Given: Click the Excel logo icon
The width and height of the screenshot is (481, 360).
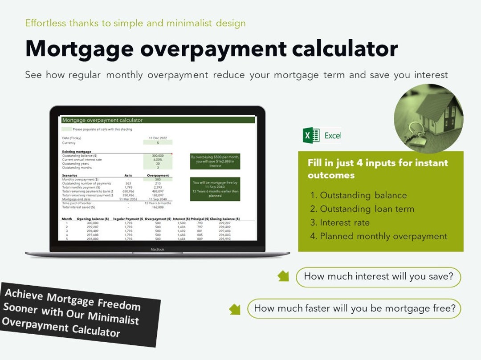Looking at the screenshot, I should coord(311,135).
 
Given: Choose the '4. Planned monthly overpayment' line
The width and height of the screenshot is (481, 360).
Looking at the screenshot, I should coord(379,236).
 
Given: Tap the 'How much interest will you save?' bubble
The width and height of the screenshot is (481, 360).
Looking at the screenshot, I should coord(378,277).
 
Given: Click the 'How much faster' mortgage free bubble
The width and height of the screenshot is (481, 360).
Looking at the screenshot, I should coord(354,308).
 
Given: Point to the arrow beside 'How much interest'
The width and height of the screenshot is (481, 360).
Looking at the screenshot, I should coord(283,276).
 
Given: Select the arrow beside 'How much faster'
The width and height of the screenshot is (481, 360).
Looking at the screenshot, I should coord(235,308).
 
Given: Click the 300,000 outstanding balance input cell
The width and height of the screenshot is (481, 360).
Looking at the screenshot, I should coord(158,156).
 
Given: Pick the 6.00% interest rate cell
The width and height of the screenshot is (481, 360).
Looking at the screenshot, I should coord(158,160).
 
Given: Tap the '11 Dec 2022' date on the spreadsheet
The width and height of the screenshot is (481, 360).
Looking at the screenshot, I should coord(158,138).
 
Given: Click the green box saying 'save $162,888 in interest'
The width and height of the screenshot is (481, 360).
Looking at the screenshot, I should coord(215,162).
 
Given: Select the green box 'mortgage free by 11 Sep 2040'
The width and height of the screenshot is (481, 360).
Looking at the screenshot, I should coord(215,189).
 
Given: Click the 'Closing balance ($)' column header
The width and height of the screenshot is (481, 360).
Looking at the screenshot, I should coord(225,219).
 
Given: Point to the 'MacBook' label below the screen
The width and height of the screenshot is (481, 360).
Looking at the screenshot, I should coord(157,249).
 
